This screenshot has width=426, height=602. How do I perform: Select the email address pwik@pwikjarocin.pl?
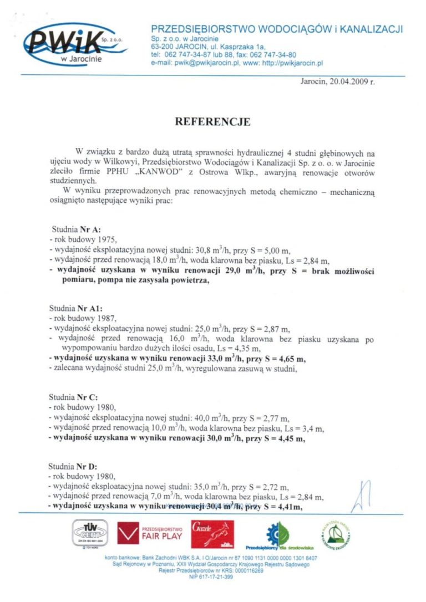point(211,64)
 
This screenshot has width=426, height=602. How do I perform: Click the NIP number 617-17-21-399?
point(211,577)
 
